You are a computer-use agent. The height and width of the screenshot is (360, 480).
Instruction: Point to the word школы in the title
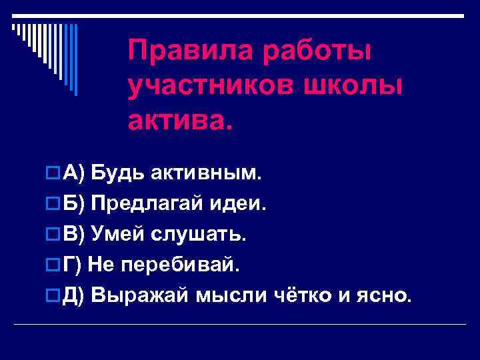(361, 85)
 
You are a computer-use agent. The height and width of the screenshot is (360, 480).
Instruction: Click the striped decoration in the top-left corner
(44, 53)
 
